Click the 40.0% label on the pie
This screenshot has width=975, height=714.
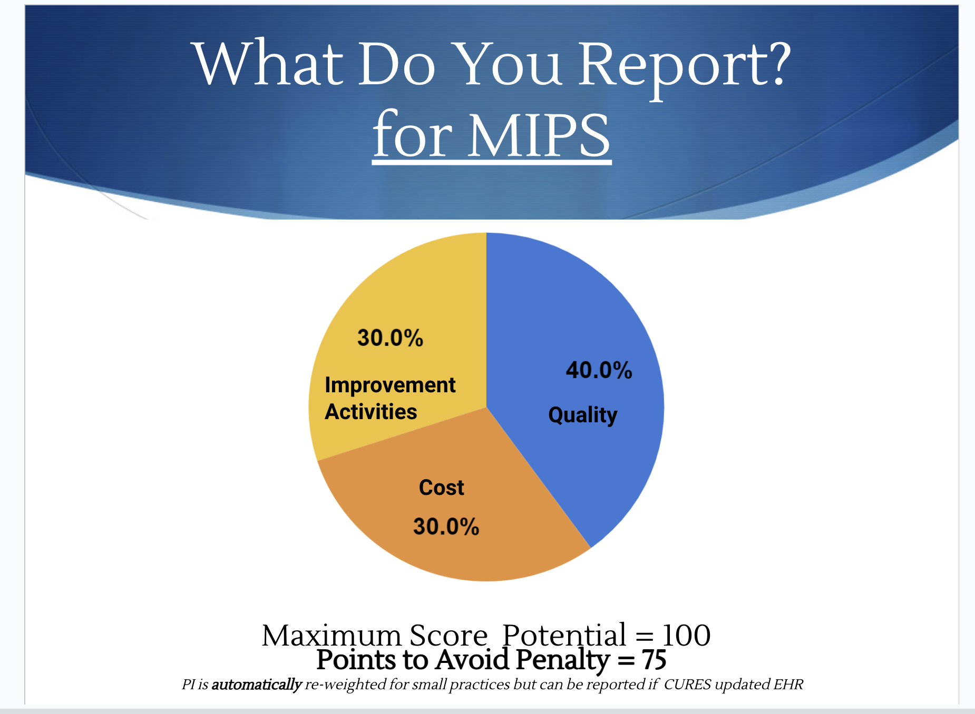point(599,370)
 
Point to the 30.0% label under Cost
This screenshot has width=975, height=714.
point(446,527)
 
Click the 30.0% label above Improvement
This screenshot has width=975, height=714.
point(390,338)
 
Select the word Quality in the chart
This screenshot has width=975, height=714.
point(583,415)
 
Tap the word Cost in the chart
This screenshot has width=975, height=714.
point(442,488)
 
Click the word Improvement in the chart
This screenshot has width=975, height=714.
point(390,385)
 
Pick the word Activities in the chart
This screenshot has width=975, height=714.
point(371,412)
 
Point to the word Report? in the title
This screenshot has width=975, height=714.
point(685,66)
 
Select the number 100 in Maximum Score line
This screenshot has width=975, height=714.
point(686,636)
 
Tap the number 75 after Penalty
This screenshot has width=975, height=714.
point(654,659)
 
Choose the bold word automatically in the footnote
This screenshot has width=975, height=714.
point(257,685)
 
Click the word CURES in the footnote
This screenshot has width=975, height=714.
point(687,685)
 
